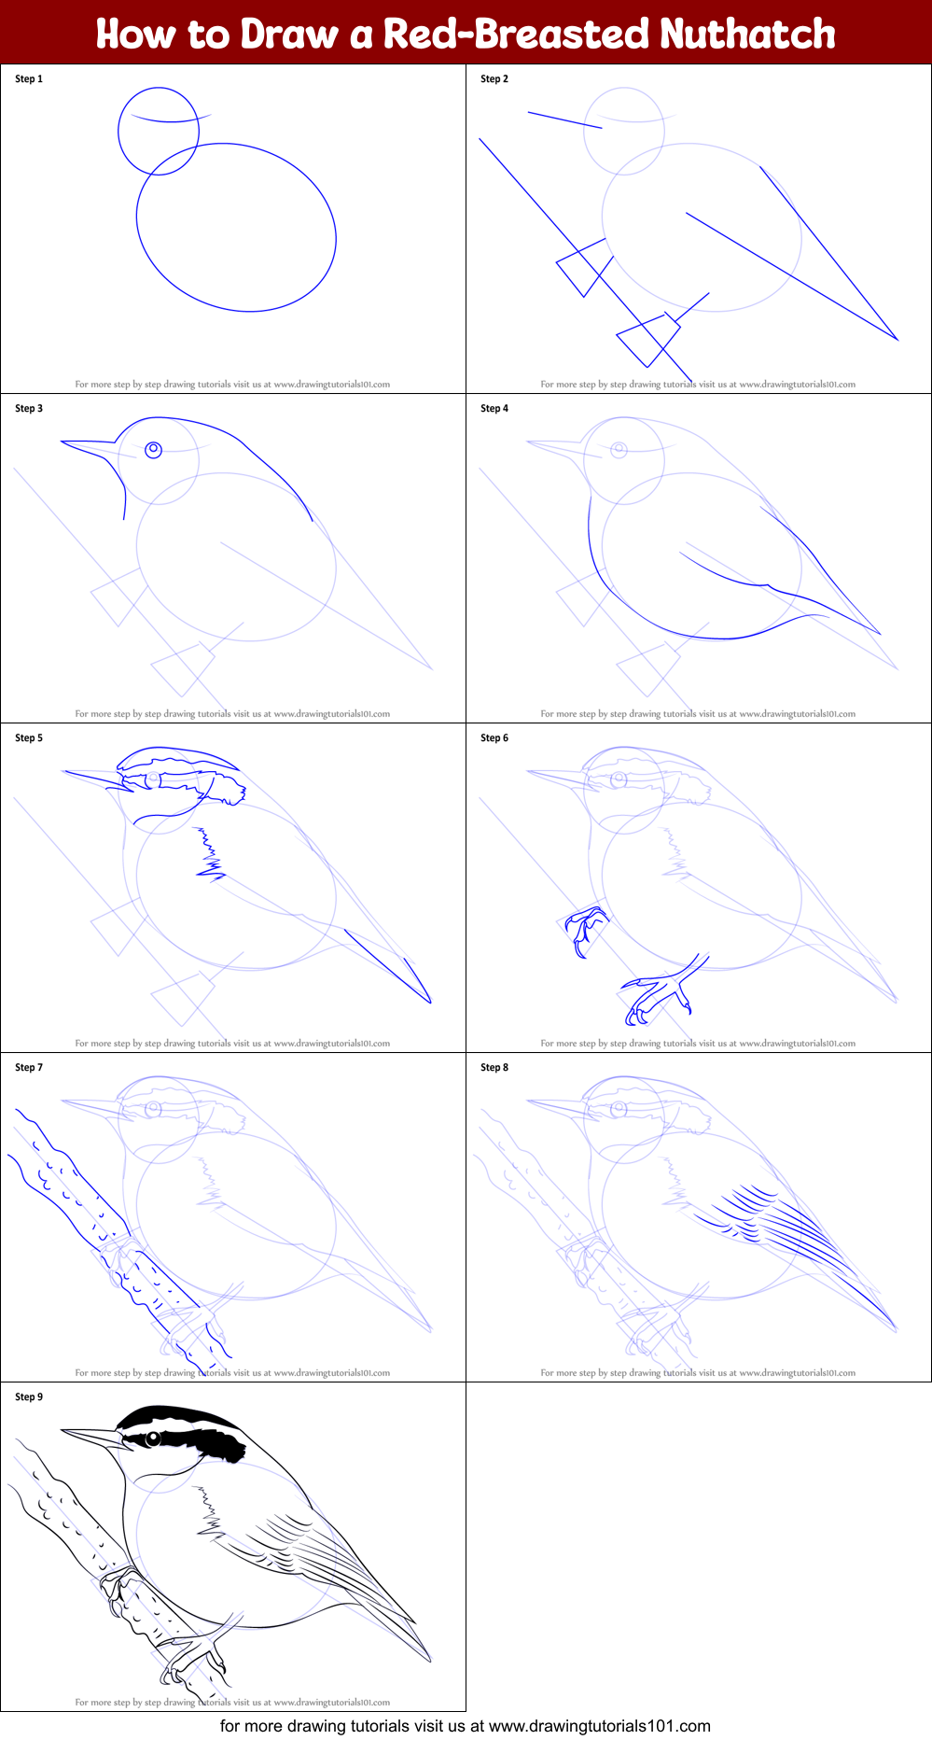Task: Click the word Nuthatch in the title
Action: tap(747, 34)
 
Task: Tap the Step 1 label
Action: tap(29, 78)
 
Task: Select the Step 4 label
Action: tap(494, 408)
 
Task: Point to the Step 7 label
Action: tap(29, 1067)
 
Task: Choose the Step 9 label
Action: tap(29, 1396)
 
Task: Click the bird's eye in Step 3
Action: tap(154, 450)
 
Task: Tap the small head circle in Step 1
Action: tap(159, 131)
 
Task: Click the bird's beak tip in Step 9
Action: tap(63, 1429)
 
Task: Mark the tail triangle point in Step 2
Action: tap(897, 340)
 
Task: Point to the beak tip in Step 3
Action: tap(63, 442)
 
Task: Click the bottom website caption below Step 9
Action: tap(466, 1726)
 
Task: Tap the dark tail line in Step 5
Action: tap(392, 966)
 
